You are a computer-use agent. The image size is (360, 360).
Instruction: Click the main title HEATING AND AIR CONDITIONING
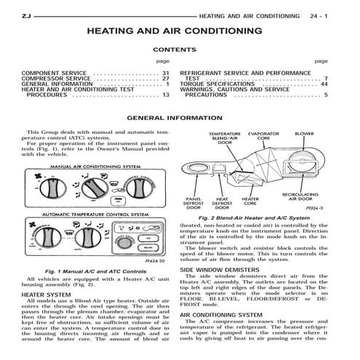tap(180, 32)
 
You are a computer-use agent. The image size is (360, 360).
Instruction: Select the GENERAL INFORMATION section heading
tap(180, 118)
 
